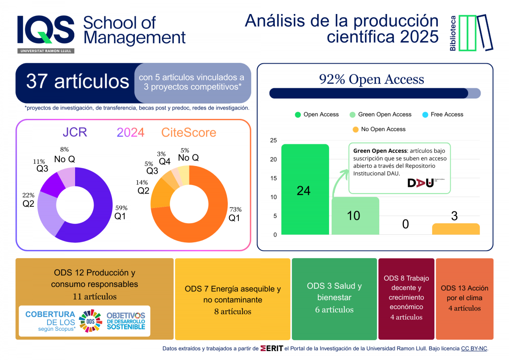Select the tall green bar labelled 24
(305, 189)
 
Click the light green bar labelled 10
(355, 216)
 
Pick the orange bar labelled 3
(456, 229)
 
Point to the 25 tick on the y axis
(273, 141)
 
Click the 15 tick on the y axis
(273, 178)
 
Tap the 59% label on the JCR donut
(121, 208)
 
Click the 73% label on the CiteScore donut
(235, 209)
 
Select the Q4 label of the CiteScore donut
(165, 161)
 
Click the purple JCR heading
(75, 132)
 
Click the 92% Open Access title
(371, 79)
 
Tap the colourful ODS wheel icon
(90, 321)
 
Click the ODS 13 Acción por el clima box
(464, 298)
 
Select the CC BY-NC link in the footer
(474, 349)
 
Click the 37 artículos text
(78, 81)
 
